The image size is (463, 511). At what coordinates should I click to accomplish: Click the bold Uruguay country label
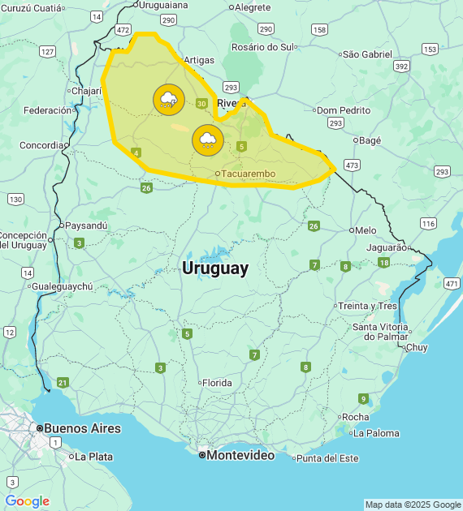pos(215,268)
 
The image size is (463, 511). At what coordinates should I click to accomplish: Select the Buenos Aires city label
pos(82,428)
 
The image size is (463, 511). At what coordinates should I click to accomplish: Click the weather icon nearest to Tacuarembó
pos(208,140)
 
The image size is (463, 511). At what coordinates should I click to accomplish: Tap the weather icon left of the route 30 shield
pos(168,100)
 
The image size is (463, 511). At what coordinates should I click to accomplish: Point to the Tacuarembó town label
pos(248,174)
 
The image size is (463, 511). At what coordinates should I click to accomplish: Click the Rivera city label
pos(231,103)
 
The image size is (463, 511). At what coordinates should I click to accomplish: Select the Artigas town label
pos(199,60)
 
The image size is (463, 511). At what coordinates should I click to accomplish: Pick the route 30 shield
pos(201,103)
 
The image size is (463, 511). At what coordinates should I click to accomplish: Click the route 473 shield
pos(352,165)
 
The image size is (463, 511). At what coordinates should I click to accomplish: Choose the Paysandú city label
pos(86,225)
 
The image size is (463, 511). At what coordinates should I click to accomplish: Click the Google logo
pos(27,501)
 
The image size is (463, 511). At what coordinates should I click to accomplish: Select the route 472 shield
pos(123,30)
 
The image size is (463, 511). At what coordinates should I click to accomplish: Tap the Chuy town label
pos(416,347)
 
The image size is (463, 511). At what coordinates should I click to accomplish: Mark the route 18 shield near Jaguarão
pos(383,262)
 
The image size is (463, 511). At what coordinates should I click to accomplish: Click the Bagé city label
pos(370,140)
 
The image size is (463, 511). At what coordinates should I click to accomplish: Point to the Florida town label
pos(217,383)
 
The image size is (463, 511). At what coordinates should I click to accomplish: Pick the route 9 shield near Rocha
pos(363,398)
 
